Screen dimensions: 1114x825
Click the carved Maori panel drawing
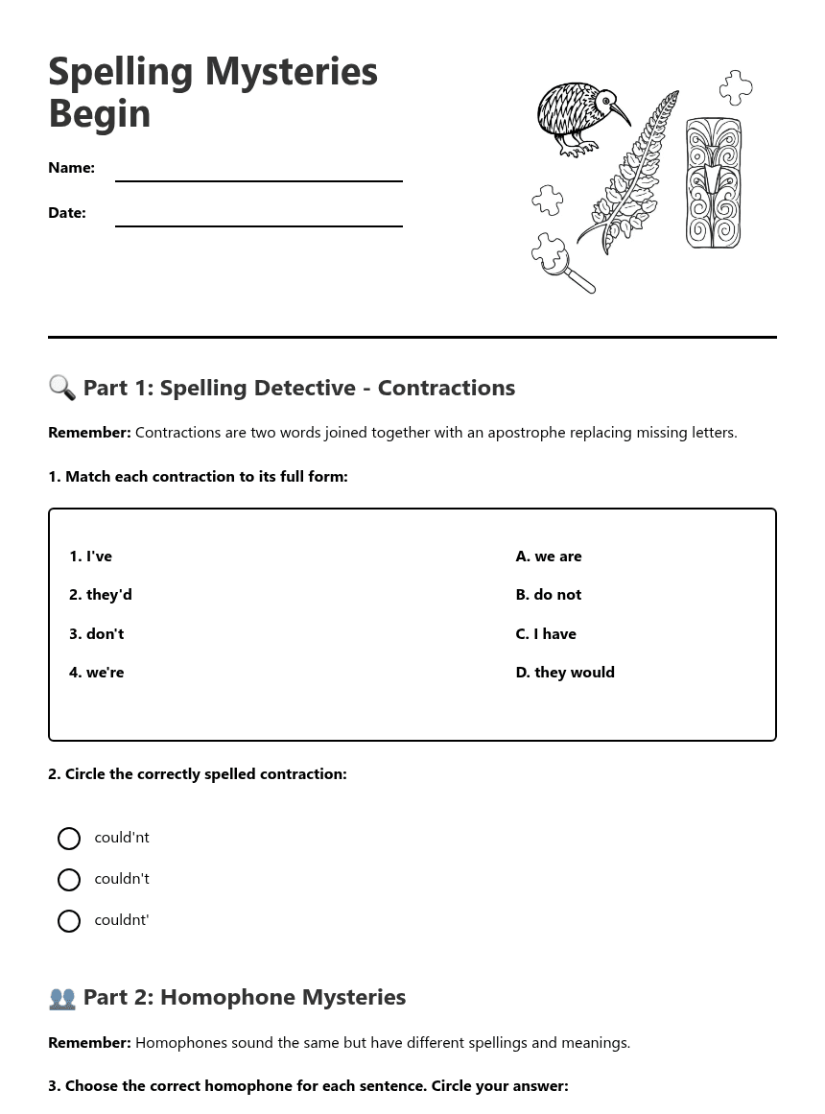[x=713, y=182]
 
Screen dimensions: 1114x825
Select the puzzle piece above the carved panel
[x=736, y=87]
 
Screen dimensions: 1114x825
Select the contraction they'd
[x=101, y=595]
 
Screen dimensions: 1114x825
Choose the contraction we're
[x=96, y=673]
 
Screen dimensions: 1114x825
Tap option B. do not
[x=549, y=595]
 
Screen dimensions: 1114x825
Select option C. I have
[x=546, y=634]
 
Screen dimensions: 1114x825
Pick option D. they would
[x=565, y=673]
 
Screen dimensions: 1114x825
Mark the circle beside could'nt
[x=69, y=839]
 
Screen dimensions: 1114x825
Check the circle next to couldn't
[x=69, y=880]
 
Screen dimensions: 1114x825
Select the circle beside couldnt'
[x=69, y=921]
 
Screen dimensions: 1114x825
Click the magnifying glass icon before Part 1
[x=61, y=388]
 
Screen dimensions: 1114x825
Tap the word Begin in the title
[x=100, y=113]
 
